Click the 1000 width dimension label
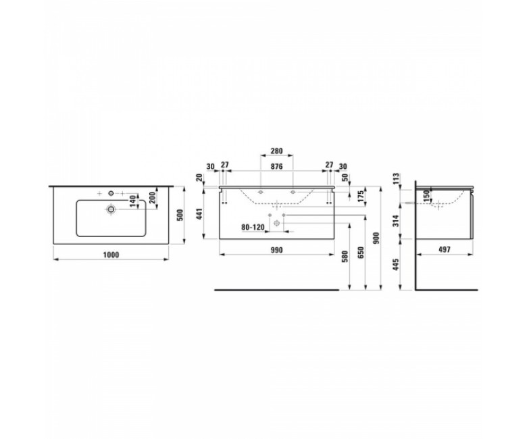[111, 255]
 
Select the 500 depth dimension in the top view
[180, 215]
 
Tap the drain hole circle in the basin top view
[111, 209]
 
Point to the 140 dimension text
[133, 201]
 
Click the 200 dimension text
[153, 198]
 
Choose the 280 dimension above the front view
[276, 151]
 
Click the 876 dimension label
[276, 166]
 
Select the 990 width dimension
[276, 251]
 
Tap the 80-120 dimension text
[253, 228]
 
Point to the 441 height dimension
[199, 214]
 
